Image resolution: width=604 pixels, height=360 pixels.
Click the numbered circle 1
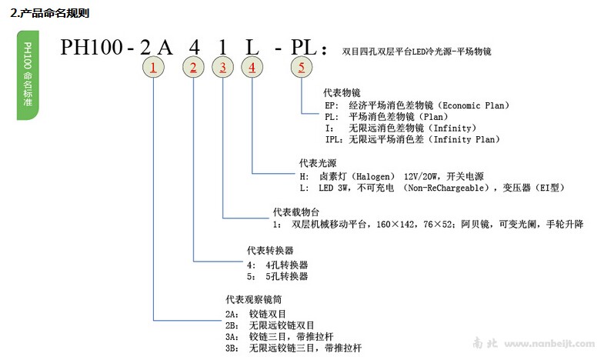[x=154, y=68]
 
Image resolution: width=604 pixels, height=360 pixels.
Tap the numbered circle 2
[x=193, y=68]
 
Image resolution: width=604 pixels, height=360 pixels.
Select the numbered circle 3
[x=223, y=68]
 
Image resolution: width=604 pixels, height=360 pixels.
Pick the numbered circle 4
[x=252, y=68]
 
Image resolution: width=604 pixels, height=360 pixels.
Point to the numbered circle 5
[x=302, y=68]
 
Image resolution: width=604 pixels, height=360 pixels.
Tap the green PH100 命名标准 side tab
[x=28, y=77]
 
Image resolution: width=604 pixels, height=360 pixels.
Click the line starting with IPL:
[x=412, y=139]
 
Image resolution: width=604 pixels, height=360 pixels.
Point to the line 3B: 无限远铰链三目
[x=292, y=348]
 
